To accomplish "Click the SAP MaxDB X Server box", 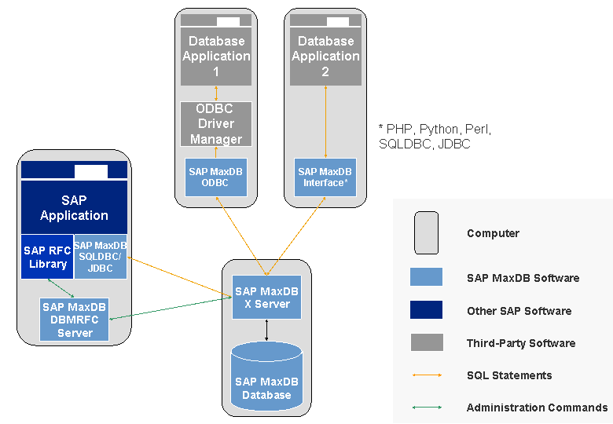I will (x=266, y=298).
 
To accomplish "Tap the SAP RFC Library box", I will (x=46, y=256).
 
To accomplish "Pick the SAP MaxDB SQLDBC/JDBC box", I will (x=101, y=256).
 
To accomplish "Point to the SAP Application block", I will (x=74, y=207).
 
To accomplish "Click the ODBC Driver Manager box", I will (x=216, y=124).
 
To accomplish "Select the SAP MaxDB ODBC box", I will (x=216, y=177).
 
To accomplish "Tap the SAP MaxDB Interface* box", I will (x=325, y=177).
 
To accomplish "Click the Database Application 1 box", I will (x=216, y=57).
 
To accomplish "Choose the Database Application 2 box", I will (x=325, y=57).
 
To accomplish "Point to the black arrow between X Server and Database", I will (x=266, y=330).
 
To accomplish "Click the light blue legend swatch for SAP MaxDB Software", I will (x=426, y=277).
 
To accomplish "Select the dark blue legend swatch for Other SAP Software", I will (x=426, y=310).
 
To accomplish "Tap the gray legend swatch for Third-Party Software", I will (x=426, y=342).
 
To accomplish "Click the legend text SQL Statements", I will (x=508, y=375).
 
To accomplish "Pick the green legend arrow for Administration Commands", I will (x=426, y=408).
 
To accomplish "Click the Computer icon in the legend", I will (x=426, y=232).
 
